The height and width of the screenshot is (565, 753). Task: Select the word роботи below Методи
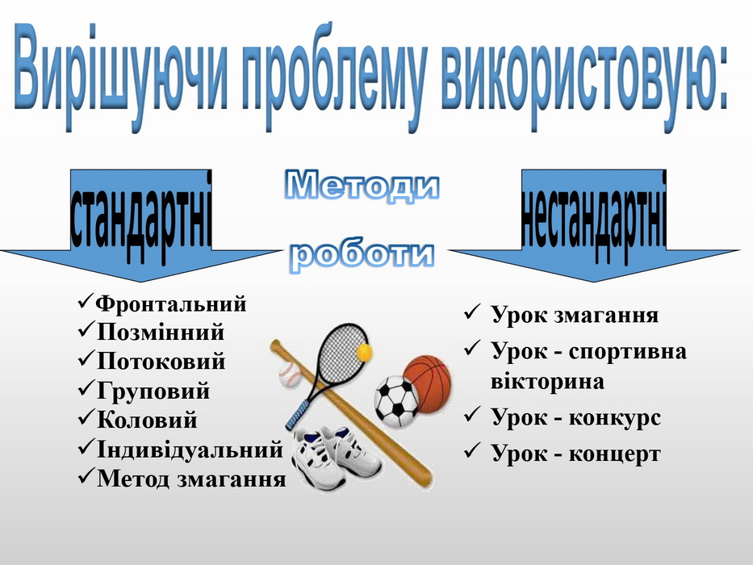coord(363,253)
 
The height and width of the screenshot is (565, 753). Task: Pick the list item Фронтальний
coord(171,303)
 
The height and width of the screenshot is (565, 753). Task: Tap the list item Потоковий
coord(161,361)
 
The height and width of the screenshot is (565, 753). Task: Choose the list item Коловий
coord(147,420)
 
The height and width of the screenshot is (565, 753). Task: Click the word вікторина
coord(547,382)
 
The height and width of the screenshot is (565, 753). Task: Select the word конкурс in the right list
coord(615,417)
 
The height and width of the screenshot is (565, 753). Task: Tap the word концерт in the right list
coord(615,454)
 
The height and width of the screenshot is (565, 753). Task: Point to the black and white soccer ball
coord(396,402)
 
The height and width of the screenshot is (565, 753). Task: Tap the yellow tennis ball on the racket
coord(363,353)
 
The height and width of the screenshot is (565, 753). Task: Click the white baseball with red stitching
coord(290,375)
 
